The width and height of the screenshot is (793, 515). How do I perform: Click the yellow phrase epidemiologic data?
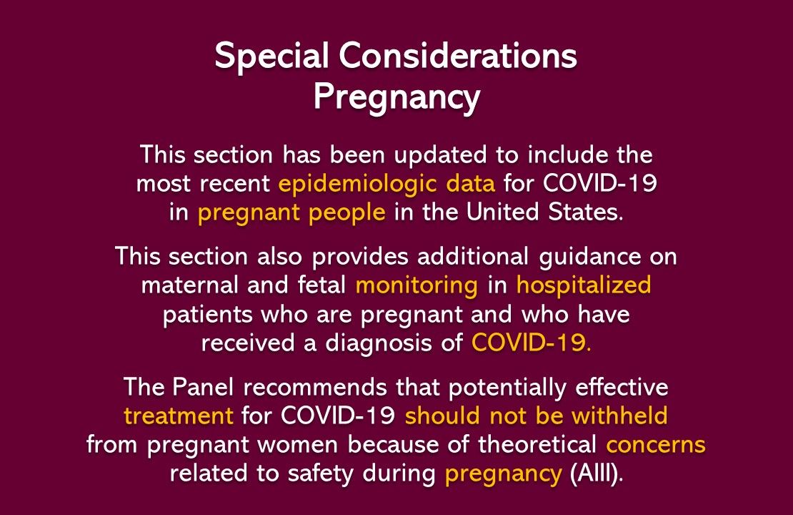tap(386, 184)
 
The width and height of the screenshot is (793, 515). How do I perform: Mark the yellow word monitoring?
tap(417, 285)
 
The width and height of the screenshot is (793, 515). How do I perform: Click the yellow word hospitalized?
tap(583, 285)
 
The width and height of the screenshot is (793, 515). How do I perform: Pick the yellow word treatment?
tap(179, 415)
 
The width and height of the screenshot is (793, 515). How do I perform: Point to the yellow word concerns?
tap(655, 444)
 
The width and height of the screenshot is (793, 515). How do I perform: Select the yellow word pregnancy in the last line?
tap(502, 474)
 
